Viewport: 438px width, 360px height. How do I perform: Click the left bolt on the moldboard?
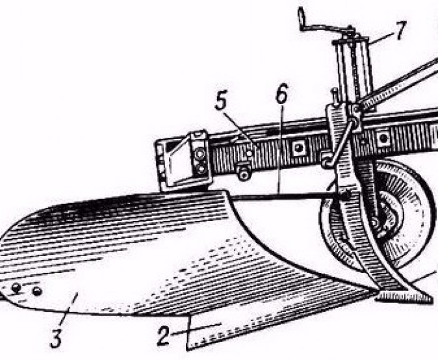coord(17,287)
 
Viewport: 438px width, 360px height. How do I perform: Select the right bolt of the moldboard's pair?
coord(37,291)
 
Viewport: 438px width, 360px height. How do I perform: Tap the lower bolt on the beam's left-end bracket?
coord(201,168)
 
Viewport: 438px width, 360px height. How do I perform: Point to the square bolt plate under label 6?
coord(298,148)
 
